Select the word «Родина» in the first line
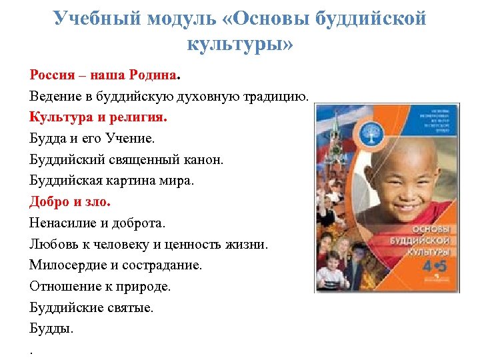pos(151,75)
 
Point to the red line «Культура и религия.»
pos(99,117)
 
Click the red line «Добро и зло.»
pos(70,202)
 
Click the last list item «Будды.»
pos(52,329)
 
